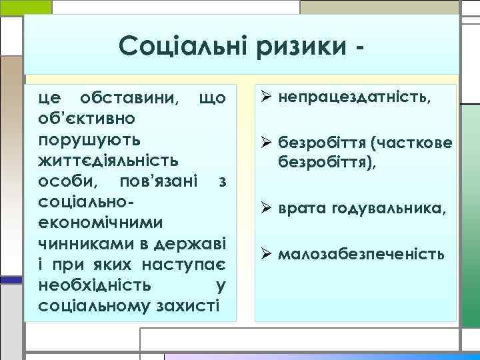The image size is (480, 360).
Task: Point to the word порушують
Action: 89,141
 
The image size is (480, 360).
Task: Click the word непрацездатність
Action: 354,99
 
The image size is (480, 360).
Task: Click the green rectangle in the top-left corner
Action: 25,7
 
